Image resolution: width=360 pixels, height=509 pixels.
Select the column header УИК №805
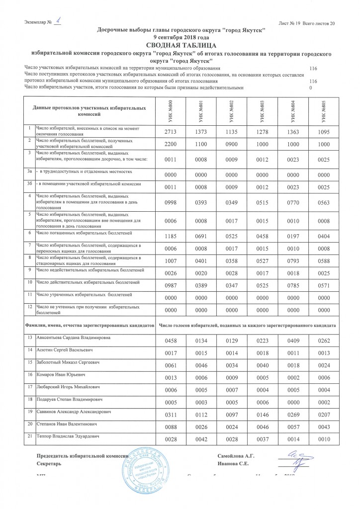(324, 109)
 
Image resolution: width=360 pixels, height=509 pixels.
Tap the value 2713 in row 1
(170, 132)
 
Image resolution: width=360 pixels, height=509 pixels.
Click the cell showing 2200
(170, 145)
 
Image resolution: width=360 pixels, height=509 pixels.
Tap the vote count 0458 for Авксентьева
(170, 341)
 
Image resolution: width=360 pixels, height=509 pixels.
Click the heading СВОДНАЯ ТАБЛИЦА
(180, 45)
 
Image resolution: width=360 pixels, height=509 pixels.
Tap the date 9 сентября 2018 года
(180, 37)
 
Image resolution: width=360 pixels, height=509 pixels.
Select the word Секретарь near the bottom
(50, 464)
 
